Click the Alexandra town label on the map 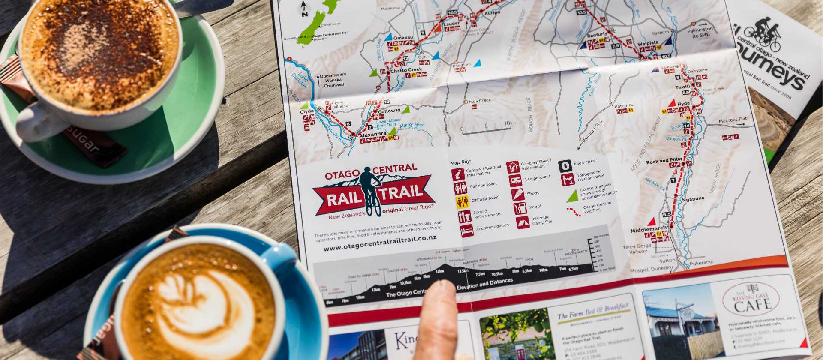click(x=372, y=134)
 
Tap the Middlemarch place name click(x=648, y=230)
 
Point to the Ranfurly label click(x=597, y=35)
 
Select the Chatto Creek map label click(x=406, y=69)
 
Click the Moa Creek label click(x=479, y=101)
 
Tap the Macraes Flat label click(x=732, y=120)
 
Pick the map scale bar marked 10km click(x=486, y=128)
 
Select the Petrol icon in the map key click(x=520, y=208)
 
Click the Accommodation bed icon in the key click(x=466, y=231)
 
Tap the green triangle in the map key click(x=572, y=196)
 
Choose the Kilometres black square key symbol click(x=565, y=166)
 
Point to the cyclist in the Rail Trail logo click(x=370, y=189)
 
